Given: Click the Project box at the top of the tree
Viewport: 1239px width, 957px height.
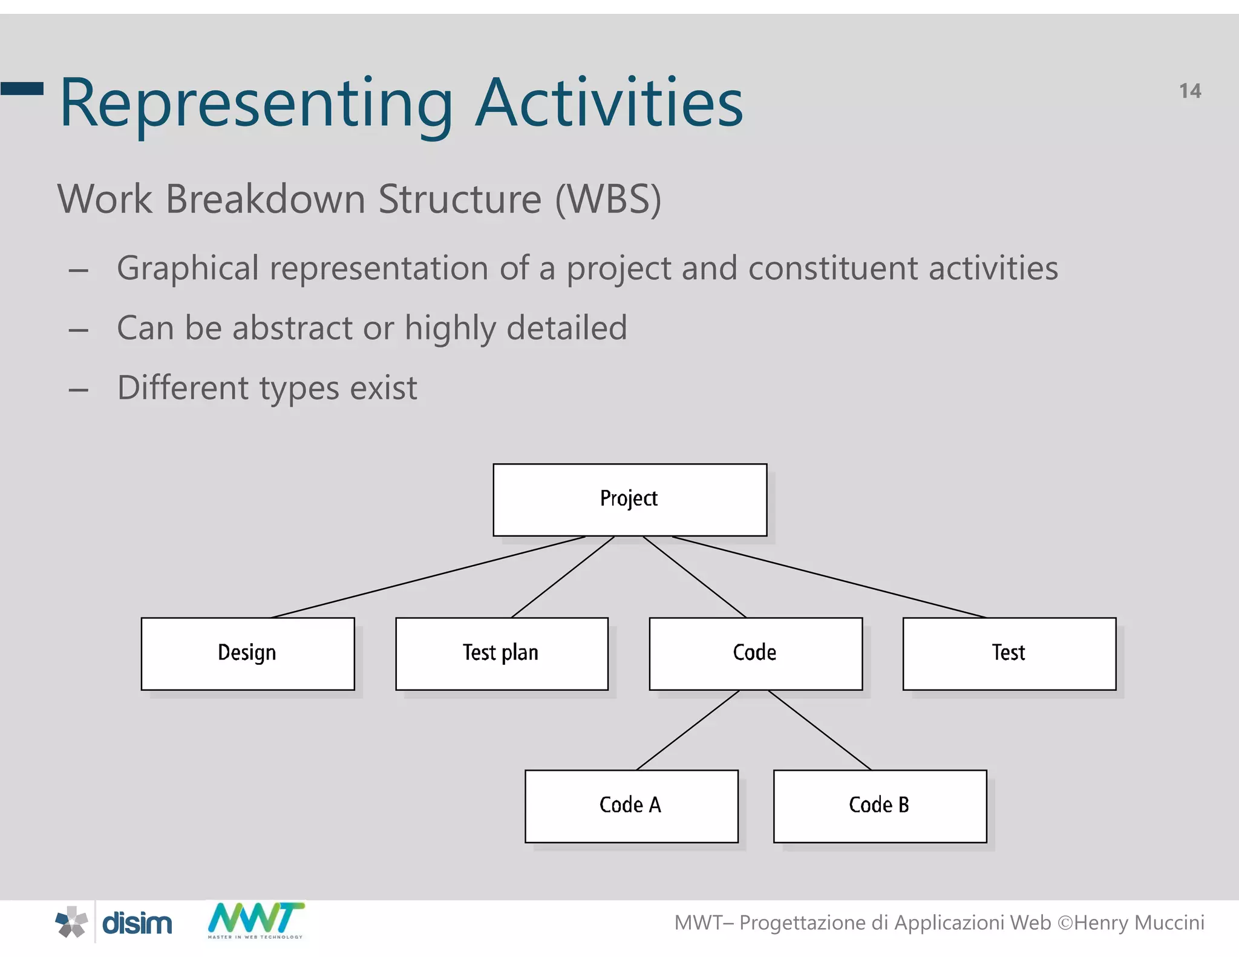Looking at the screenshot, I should pos(630,500).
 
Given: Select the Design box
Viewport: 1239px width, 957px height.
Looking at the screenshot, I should pos(247,653).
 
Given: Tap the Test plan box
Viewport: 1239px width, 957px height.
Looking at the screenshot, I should pos(502,653).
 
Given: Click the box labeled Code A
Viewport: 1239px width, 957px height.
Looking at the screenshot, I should pos(631,806).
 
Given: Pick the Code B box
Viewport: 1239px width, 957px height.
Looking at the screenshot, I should pos(880,806).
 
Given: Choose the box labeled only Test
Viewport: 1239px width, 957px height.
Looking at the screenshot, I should pos(1009,653).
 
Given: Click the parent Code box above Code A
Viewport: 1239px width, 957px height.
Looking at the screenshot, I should pos(756,653).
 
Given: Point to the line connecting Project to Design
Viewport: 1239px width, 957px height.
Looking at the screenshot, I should pos(428,577).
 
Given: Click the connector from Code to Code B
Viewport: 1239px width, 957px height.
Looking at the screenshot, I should pos(820,730).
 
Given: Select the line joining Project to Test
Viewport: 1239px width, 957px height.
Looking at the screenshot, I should pos(829,577).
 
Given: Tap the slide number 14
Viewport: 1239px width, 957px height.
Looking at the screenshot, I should pos(1189,91).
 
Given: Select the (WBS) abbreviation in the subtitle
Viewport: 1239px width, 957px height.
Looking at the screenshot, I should pos(608,199).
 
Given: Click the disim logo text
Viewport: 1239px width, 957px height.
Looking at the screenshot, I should pos(137,924).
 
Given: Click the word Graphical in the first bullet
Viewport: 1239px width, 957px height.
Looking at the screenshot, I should pos(188,269).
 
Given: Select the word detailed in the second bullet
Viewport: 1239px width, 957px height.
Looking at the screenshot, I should pos(566,328).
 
